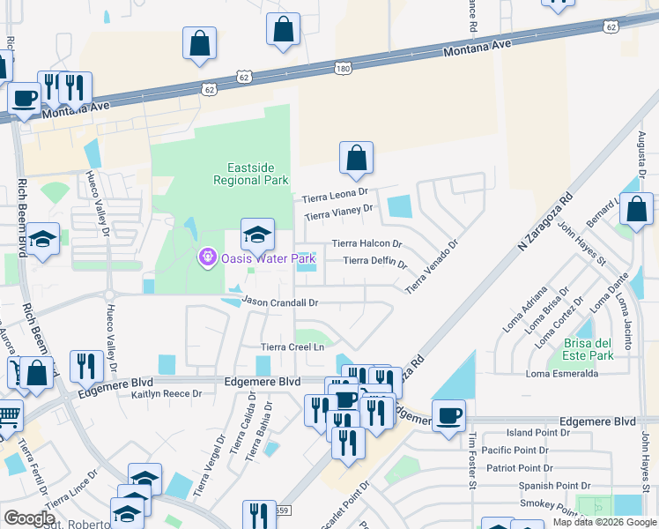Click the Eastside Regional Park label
pyautogui.click(x=251, y=174)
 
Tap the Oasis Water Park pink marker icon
pyautogui.click(x=207, y=257)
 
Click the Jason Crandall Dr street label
pyautogui.click(x=279, y=302)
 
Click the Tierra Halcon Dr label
pyautogui.click(x=367, y=243)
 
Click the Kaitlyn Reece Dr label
pyautogui.click(x=167, y=394)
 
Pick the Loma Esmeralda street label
pyautogui.click(x=562, y=374)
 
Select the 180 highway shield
pyautogui.click(x=343, y=67)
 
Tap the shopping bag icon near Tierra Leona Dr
pyautogui.click(x=356, y=158)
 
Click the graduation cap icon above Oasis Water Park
pyautogui.click(x=257, y=234)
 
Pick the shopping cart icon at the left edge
pyautogui.click(x=7, y=414)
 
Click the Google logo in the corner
pyautogui.click(x=29, y=518)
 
